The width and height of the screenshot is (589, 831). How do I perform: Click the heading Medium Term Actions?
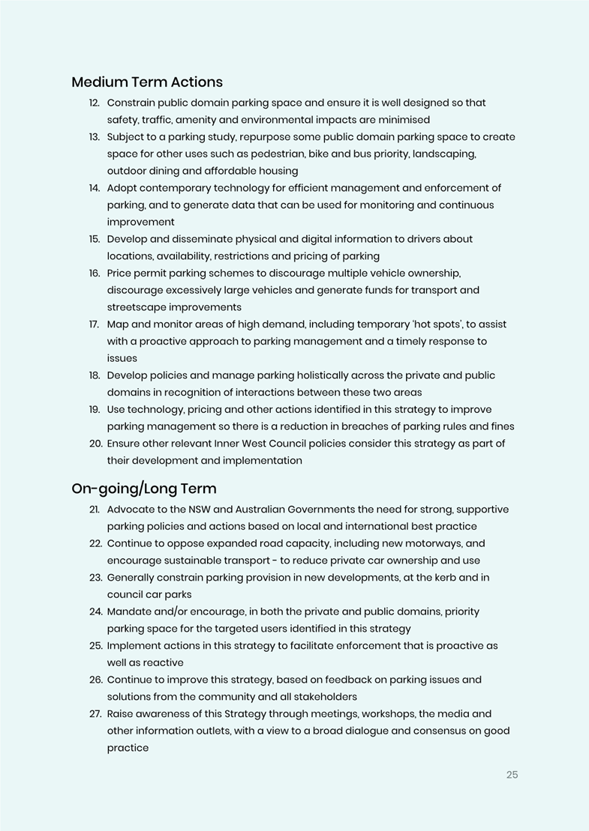point(147,82)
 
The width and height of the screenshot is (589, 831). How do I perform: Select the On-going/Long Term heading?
point(144,489)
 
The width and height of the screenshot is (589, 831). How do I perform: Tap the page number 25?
point(512,775)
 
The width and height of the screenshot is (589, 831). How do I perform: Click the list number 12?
point(95,103)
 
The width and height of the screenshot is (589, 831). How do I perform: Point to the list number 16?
point(95,273)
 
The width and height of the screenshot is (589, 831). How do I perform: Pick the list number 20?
point(95,444)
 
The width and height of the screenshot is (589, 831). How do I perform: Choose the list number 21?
point(95,510)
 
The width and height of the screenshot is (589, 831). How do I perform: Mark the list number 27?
point(95,714)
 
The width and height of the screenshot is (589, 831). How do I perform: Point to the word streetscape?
point(137,307)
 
